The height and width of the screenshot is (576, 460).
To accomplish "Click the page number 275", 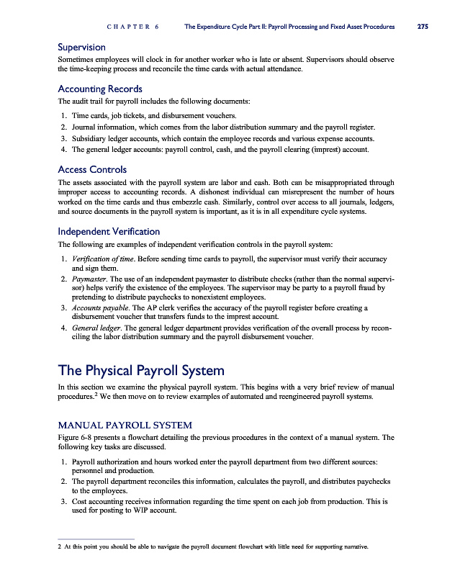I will tap(423, 27).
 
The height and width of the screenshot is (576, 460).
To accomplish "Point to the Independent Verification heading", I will tap(109, 232).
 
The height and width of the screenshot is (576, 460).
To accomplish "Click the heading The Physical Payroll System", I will tap(141, 371).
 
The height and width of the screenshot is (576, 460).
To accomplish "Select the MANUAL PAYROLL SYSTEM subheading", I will tap(125, 426).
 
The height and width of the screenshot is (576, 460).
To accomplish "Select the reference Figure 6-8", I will tap(74, 437).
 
